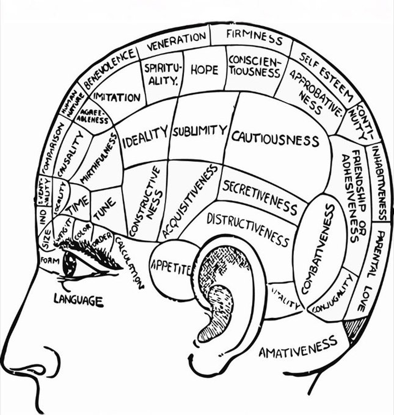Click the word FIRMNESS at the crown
point(254,37)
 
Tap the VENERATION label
point(177,41)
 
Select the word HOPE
point(204,70)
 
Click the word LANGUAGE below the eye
point(78,299)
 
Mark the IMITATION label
point(117,97)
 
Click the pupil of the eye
point(70,264)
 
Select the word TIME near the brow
point(79,203)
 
